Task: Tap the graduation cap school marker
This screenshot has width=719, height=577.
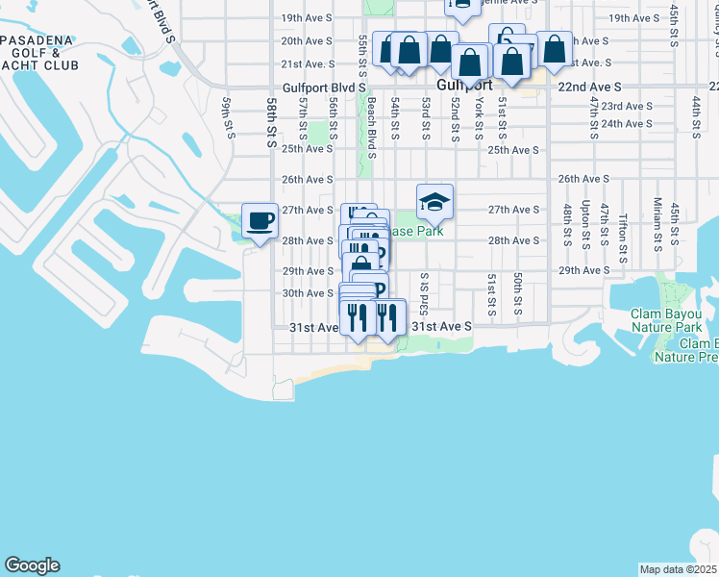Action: point(434,202)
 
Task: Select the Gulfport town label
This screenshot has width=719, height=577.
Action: point(464,85)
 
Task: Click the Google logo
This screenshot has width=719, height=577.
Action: point(32,565)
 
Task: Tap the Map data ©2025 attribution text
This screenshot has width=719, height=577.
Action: point(678,569)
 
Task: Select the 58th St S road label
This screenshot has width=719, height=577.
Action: point(273,116)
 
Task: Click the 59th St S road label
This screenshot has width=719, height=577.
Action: point(229,116)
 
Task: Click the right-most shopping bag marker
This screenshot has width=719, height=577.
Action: point(554,48)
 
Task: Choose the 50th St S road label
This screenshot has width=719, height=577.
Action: point(517,294)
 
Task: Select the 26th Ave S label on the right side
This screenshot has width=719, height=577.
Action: point(583,179)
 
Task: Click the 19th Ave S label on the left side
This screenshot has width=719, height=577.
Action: point(306,18)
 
